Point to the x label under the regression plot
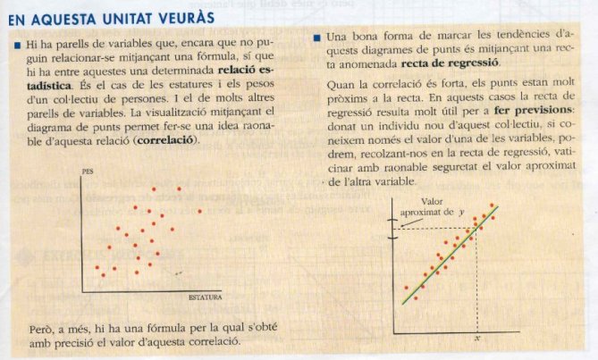(479, 339)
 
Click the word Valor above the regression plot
(433, 201)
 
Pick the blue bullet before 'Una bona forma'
(318, 38)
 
